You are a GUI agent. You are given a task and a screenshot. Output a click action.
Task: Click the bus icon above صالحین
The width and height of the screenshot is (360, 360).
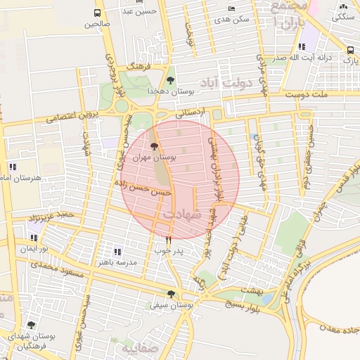click(97, 13)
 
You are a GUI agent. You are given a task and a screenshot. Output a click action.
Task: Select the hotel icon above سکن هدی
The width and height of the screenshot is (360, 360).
click(232, 9)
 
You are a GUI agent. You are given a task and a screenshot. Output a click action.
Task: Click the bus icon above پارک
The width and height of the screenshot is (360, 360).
click(350, 50)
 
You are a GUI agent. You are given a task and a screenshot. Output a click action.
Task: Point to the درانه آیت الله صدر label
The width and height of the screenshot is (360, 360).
click(304, 58)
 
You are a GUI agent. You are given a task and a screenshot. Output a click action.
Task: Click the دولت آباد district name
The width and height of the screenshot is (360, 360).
click(226, 83)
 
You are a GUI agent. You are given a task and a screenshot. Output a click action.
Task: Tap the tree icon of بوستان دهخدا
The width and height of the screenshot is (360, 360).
click(170, 80)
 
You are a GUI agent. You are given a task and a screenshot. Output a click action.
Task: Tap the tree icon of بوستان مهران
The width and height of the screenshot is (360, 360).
click(155, 147)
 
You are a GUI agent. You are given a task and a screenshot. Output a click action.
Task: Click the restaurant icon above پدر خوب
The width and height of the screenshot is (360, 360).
click(168, 240)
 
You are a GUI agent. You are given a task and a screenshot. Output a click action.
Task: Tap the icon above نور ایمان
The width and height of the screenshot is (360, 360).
click(34, 238)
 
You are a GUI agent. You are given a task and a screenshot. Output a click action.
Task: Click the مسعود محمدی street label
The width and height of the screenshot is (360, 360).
click(56, 268)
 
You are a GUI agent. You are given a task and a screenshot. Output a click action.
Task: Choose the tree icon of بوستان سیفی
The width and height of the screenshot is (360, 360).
click(171, 294)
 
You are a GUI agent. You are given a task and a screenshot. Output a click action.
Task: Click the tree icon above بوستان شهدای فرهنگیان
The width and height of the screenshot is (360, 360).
click(32, 326)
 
